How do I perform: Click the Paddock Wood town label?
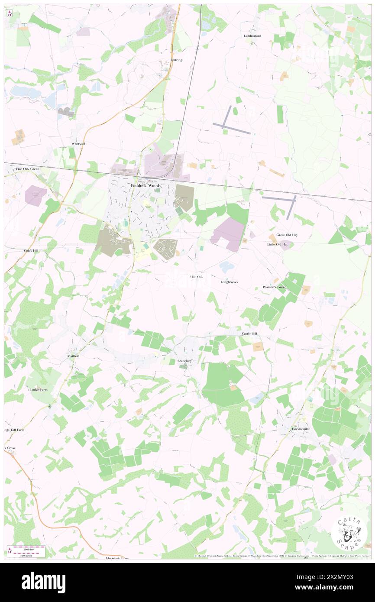point(145,185)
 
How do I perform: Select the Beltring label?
point(176,60)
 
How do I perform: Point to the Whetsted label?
point(78,143)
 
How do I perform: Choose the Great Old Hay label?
point(287,235)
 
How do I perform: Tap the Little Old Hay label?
point(277,244)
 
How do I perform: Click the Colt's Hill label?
point(31,250)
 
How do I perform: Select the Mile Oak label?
point(196,276)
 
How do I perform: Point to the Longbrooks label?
point(229,282)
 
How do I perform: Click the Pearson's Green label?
point(274,287)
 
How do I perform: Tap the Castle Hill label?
point(249,334)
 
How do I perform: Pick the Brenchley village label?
point(186,360)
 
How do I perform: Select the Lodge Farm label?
point(39,390)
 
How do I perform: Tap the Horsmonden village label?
point(301,422)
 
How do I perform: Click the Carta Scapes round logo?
point(349,534)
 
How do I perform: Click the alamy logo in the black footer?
point(43,582)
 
